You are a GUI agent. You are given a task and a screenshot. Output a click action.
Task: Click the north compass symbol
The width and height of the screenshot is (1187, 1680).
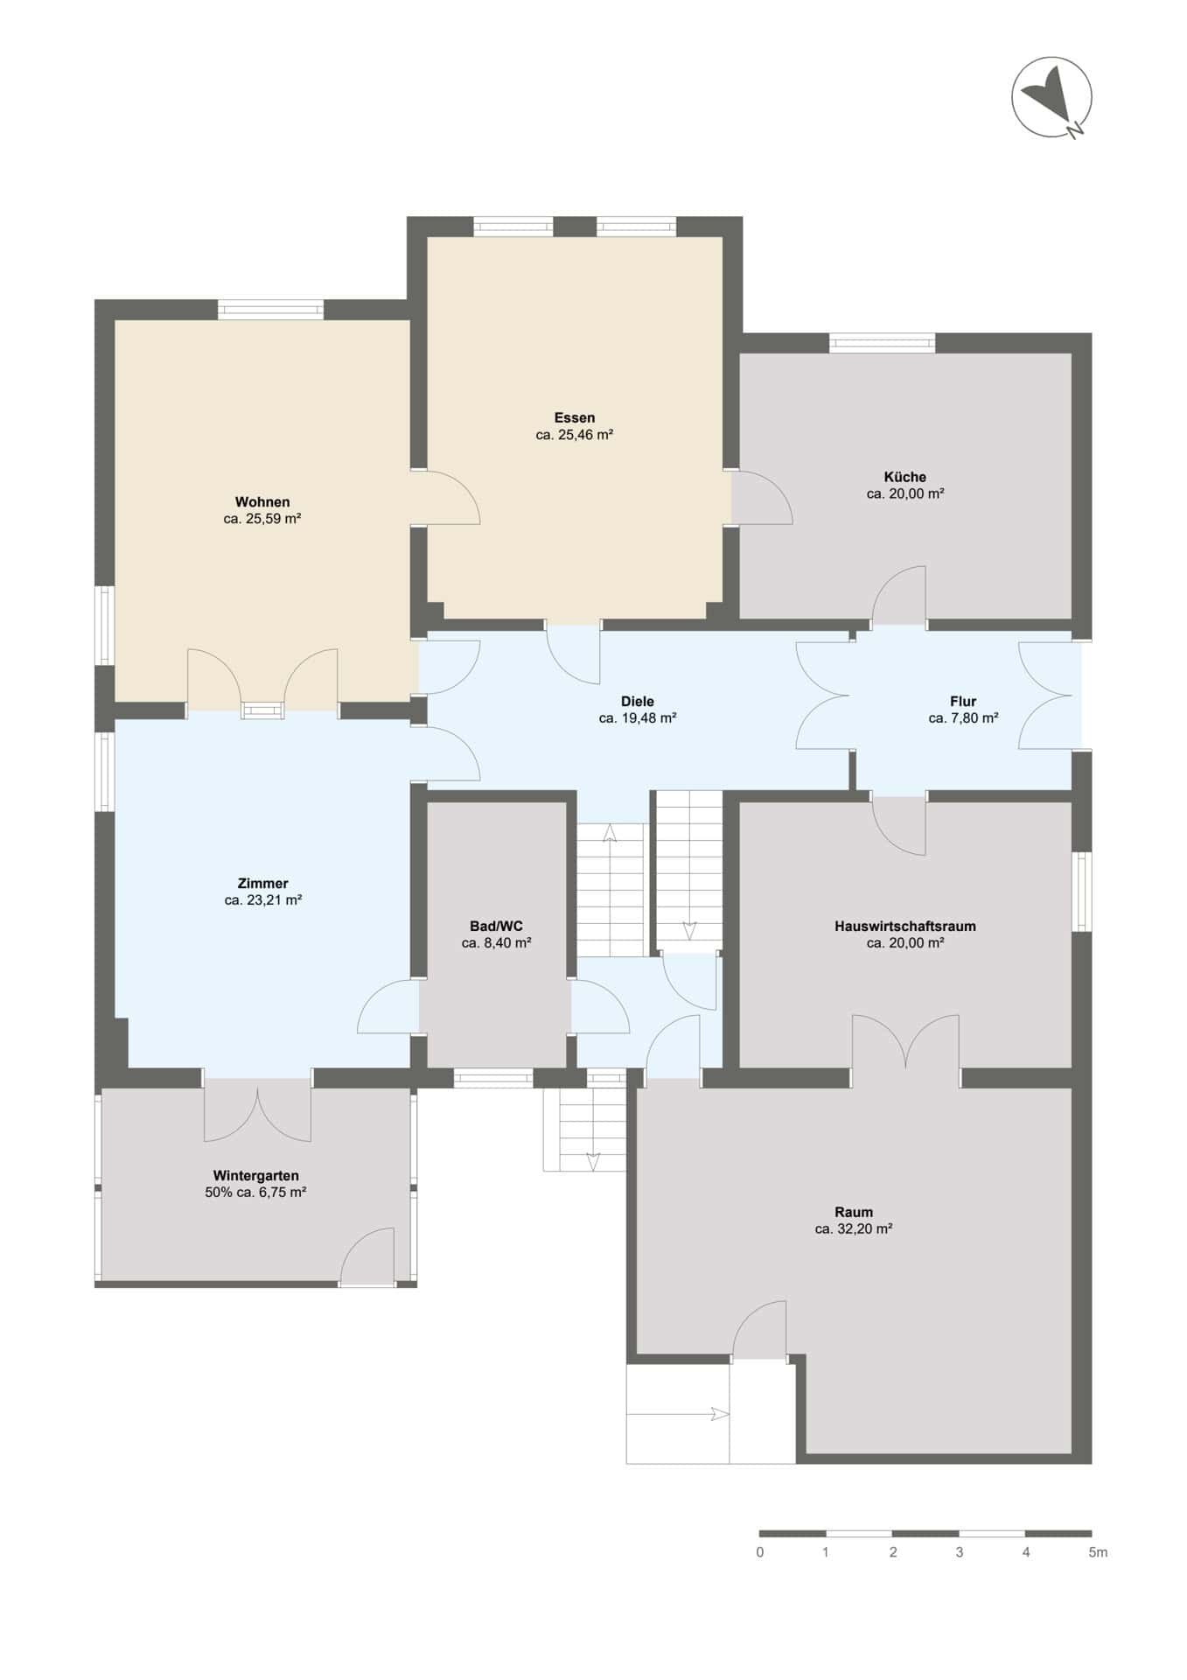pos(1052,97)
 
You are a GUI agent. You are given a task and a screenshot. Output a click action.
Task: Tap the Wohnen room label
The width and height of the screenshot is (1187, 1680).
pos(262,502)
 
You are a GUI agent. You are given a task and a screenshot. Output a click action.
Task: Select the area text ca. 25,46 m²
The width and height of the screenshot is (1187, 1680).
pos(574,435)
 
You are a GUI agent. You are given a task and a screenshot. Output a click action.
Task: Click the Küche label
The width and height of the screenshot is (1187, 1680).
pos(905,477)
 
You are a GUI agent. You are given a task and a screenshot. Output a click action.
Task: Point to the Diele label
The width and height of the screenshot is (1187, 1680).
pos(638,702)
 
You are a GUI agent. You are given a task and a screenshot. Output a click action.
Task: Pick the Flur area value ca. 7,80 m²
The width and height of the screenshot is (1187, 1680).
pos(963,718)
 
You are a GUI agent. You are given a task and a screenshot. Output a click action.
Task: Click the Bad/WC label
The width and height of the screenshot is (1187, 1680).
pos(496,927)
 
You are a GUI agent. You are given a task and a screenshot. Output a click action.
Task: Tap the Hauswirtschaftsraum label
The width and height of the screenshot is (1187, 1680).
pos(905,927)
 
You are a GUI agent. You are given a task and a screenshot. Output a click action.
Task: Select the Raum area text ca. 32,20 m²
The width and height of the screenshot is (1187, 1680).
pos(854,1229)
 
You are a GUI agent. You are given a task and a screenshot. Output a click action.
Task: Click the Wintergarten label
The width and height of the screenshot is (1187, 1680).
pos(255,1176)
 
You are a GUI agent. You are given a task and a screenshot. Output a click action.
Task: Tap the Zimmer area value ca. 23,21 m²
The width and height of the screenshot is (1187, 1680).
pos(262,900)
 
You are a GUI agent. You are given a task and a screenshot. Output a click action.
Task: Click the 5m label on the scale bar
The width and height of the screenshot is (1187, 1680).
pos(1098,1552)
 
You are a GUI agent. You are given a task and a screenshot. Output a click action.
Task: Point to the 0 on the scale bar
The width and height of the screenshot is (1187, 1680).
pos(760,1552)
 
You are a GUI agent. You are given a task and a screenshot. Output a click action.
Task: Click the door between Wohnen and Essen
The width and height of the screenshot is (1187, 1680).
pos(446,498)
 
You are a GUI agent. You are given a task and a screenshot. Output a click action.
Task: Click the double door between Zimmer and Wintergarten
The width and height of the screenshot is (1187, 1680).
pos(257,1107)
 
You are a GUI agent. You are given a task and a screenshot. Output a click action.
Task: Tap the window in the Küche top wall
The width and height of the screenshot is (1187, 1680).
pos(882,343)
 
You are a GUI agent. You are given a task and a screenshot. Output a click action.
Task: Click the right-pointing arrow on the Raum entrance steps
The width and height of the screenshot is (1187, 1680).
pos(679,1414)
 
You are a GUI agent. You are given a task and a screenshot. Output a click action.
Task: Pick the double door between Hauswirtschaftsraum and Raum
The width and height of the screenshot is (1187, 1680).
pos(906,1046)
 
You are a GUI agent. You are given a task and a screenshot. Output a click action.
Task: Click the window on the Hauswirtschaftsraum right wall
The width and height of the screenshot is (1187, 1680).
pos(1082,892)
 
